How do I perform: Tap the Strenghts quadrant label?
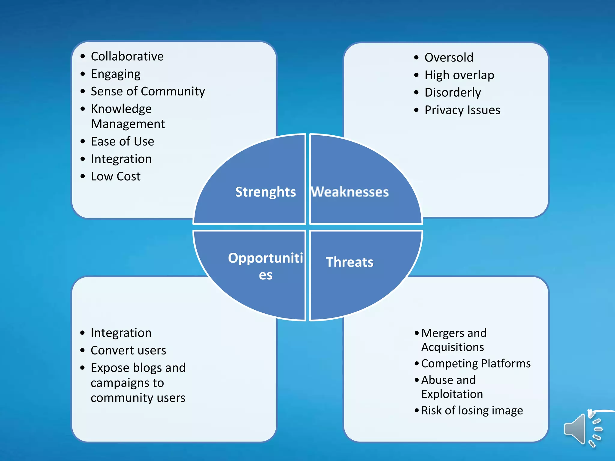[x=265, y=192]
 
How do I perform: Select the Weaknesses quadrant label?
[x=350, y=192]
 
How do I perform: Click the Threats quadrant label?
[x=350, y=262]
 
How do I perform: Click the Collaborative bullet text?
[x=127, y=56]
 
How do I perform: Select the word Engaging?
[x=116, y=74]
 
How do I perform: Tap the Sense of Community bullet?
[x=148, y=91]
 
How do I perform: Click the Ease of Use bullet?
[x=123, y=141]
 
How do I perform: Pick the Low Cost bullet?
[x=116, y=176]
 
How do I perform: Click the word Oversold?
[x=449, y=57]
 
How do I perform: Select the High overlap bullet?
[x=459, y=75]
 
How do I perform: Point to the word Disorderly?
[x=453, y=92]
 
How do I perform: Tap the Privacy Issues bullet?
[x=462, y=110]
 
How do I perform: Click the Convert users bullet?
[x=128, y=350]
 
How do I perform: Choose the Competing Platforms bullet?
[x=476, y=363]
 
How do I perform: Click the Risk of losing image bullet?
[x=472, y=410]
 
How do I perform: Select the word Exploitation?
[x=452, y=394]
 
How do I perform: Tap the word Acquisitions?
[x=453, y=347]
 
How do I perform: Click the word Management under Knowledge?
[x=128, y=124]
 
